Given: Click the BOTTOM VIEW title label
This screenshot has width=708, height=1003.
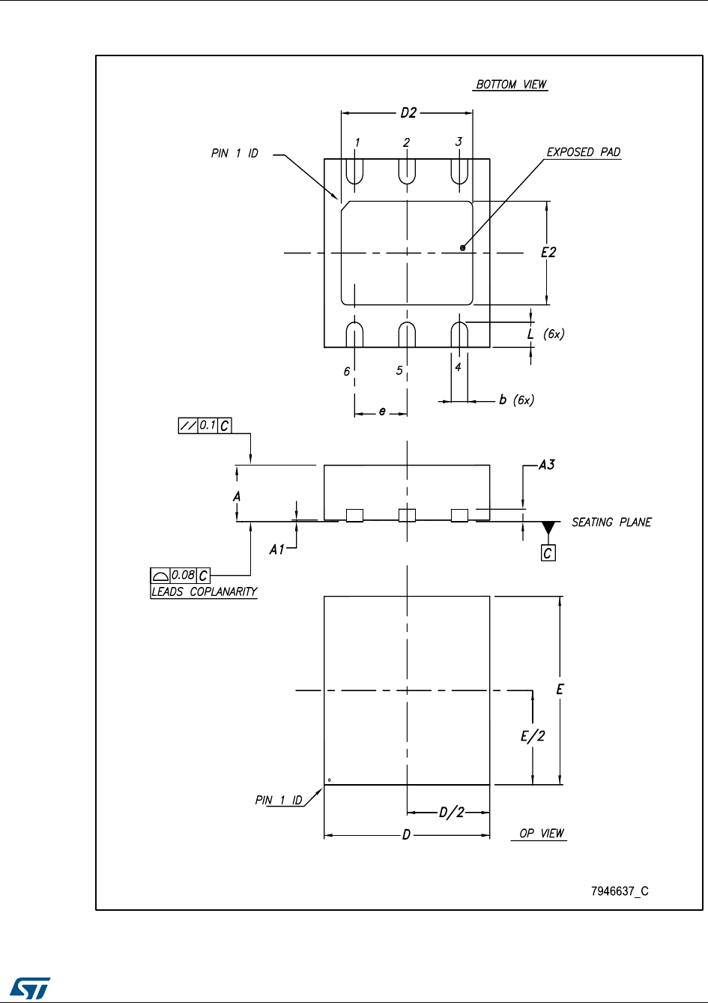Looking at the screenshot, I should click(512, 84).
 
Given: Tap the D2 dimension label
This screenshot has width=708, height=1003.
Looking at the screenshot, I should click(408, 113).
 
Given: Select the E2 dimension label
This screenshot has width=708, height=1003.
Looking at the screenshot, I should click(548, 253).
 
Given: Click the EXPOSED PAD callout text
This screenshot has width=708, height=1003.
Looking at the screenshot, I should click(584, 152).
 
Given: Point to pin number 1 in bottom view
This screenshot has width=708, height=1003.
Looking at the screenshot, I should click(357, 142).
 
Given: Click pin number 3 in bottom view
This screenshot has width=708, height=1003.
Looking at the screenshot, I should click(459, 141).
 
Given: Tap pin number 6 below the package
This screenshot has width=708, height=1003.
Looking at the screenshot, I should click(347, 371).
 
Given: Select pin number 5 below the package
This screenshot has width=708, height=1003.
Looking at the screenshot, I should click(399, 370).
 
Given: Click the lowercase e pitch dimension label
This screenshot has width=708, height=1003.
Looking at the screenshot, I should click(381, 411).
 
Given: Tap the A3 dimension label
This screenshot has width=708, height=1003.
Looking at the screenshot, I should click(546, 465).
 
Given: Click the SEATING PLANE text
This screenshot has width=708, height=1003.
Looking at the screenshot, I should click(611, 522).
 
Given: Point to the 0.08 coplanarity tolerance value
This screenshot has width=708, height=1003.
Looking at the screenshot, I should click(183, 575).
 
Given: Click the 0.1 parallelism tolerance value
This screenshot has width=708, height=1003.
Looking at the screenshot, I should click(208, 425).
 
